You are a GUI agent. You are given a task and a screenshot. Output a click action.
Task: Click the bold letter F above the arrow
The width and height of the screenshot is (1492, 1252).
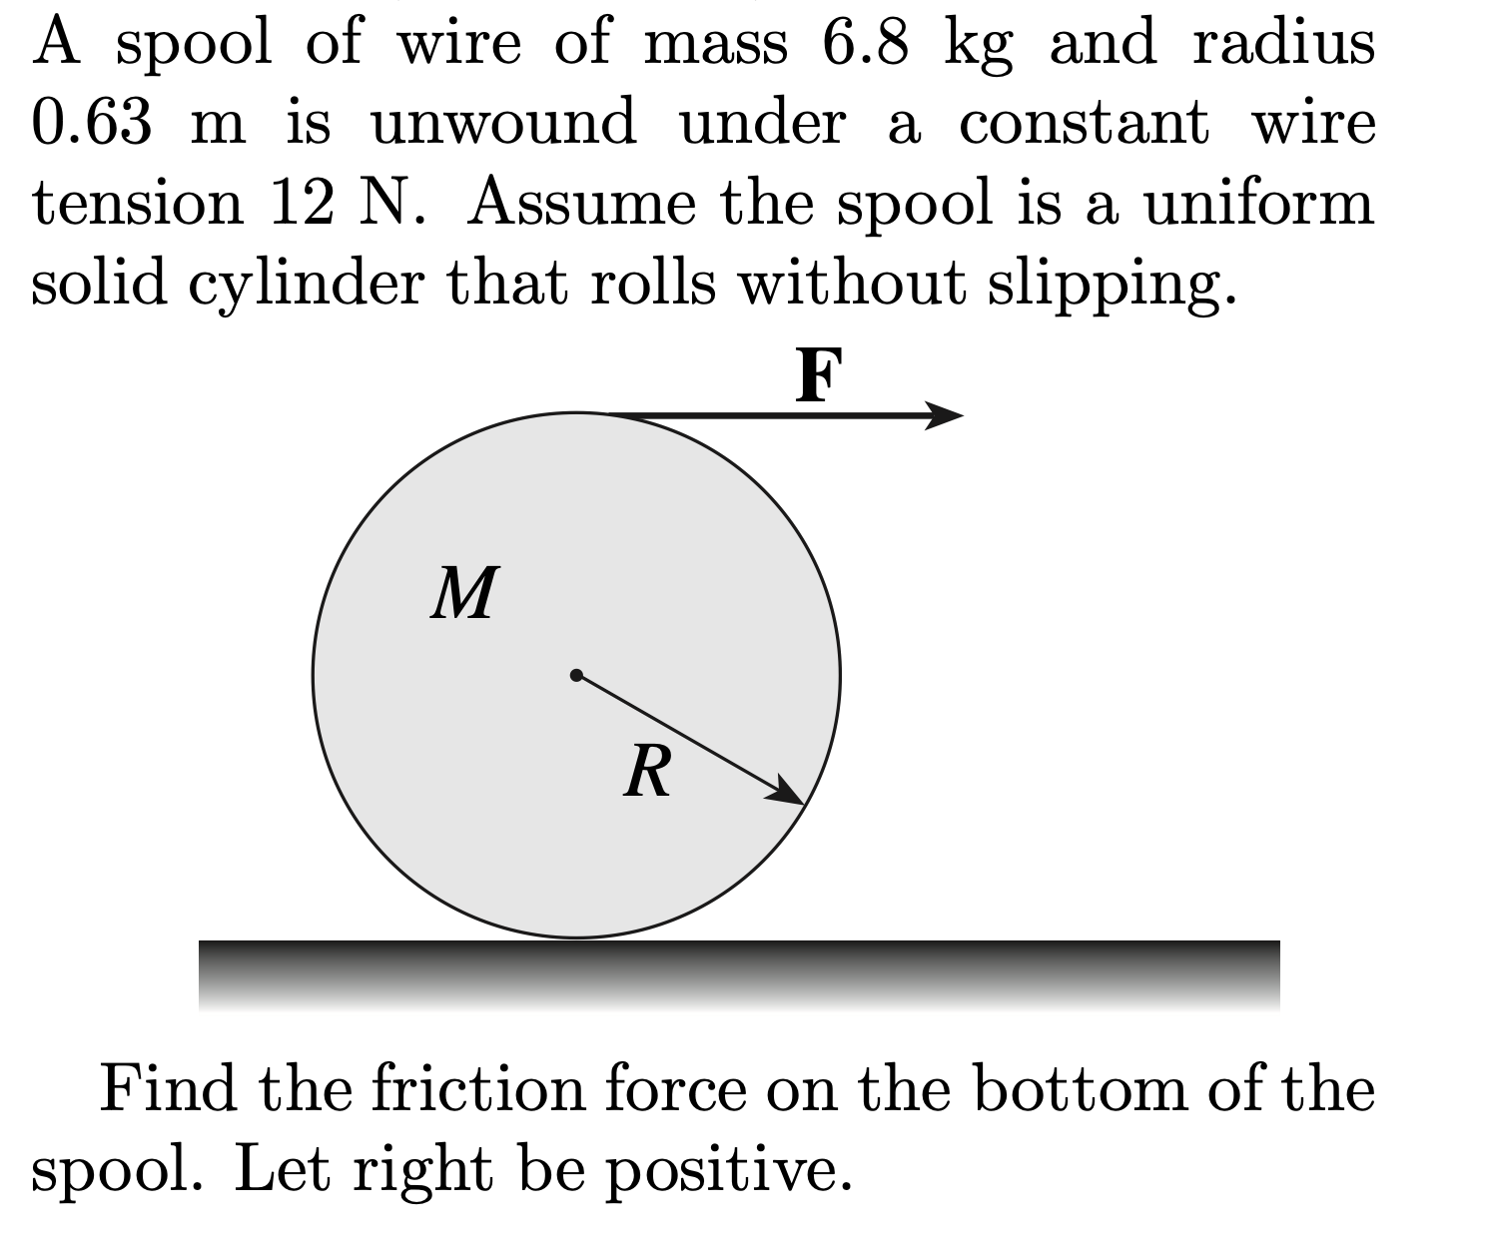click(819, 376)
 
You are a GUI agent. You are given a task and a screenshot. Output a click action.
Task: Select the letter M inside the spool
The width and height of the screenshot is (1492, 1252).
click(464, 594)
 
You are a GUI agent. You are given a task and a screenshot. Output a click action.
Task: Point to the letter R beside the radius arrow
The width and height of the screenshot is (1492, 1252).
click(648, 772)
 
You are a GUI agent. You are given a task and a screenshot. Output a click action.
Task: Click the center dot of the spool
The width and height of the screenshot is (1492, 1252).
click(576, 675)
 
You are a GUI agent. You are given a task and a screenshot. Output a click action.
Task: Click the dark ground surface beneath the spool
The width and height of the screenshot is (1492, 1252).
click(739, 973)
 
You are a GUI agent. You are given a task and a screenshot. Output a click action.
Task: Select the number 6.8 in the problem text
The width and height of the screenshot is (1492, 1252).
click(865, 44)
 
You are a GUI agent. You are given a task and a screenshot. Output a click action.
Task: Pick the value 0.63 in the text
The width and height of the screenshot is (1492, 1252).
click(92, 124)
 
